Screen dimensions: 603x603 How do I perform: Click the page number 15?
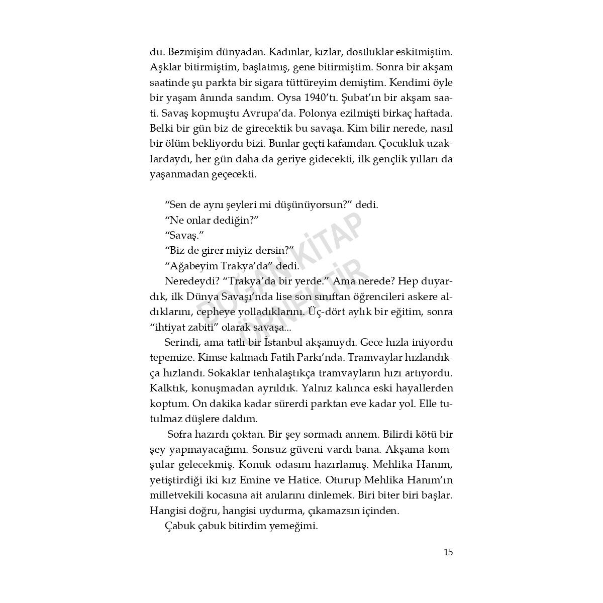tap(448, 552)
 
